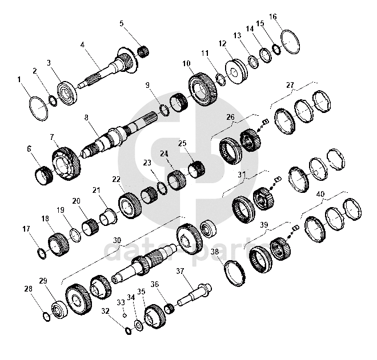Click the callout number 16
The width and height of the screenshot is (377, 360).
tap(273, 17)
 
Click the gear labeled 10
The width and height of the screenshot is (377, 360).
tap(203, 90)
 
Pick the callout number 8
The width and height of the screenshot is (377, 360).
tap(86, 118)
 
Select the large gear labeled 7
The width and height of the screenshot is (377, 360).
tap(67, 164)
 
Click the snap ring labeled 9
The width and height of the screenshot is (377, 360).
tap(165, 110)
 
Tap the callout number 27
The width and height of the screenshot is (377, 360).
tap(290, 85)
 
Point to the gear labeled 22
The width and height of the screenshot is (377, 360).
tap(130, 205)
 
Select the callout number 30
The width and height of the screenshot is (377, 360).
tap(117, 240)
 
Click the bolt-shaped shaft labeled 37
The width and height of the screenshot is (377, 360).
tap(194, 295)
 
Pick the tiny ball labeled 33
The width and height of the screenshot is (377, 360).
tap(125, 315)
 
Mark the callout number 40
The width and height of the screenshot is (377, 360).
tap(321, 194)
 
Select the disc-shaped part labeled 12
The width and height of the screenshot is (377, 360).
tap(235, 71)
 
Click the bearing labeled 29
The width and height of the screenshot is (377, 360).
tap(59, 310)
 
